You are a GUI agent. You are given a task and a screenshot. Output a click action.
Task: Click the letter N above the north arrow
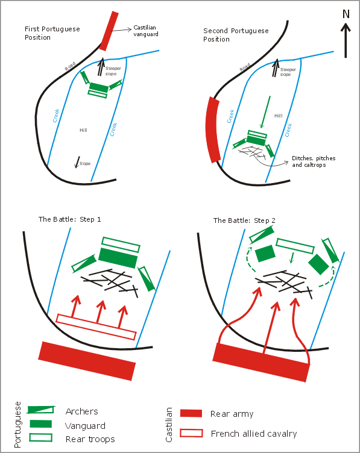(346, 14)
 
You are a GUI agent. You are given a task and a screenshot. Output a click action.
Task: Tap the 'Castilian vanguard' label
(146, 31)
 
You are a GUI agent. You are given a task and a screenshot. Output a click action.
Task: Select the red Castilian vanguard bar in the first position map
(109, 31)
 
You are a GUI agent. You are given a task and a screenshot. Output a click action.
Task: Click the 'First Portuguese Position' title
(52, 33)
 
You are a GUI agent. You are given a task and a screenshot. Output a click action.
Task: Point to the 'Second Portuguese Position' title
(236, 35)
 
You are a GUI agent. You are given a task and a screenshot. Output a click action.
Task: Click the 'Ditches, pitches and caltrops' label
(314, 161)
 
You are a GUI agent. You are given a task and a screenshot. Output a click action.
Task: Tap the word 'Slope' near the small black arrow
(85, 163)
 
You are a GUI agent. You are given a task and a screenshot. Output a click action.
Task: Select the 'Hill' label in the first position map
(83, 130)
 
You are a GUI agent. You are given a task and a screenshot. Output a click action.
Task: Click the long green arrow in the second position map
(266, 112)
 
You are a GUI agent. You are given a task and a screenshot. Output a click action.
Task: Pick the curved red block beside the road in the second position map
(212, 130)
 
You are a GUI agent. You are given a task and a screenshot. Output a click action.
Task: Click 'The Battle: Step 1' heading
(70, 219)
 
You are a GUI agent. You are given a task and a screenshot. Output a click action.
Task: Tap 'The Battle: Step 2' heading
(244, 220)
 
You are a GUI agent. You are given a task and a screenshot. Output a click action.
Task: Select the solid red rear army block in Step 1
(87, 361)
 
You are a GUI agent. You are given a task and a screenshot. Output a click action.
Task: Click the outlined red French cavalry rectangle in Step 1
(96, 326)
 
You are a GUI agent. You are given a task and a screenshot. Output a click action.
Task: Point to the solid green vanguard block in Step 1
(118, 258)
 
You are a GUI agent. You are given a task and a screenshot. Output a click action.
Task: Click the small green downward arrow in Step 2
(292, 258)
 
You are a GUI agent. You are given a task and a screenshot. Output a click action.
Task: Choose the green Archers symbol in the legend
(41, 410)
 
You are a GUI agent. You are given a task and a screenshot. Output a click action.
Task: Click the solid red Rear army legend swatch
(191, 413)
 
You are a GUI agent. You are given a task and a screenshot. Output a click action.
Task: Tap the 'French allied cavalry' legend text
(254, 434)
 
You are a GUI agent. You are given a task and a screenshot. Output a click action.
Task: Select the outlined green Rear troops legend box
(41, 437)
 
